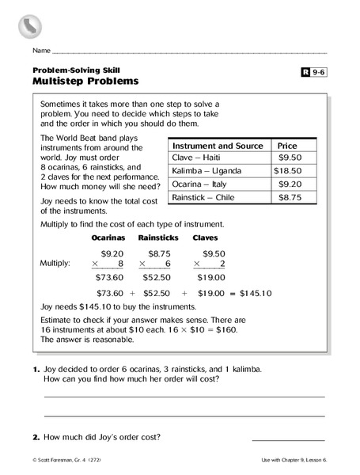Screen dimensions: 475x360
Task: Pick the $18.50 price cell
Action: click(288, 170)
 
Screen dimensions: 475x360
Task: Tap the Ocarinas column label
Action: click(108, 237)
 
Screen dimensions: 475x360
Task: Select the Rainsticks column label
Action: click(157, 237)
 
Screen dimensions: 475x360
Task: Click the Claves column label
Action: click(206, 237)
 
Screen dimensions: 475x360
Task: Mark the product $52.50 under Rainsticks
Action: click(156, 278)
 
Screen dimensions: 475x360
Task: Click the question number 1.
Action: click(36, 370)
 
